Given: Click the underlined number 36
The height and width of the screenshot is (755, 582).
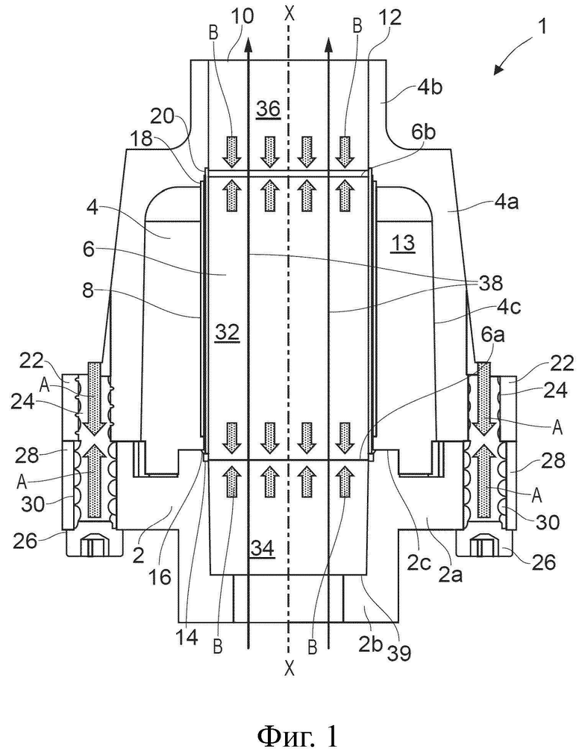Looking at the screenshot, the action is click(268, 110).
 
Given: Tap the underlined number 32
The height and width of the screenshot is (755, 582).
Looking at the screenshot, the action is click(227, 333).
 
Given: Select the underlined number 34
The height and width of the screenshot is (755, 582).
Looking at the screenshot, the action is click(263, 549).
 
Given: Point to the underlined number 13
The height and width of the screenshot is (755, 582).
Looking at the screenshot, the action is click(403, 243).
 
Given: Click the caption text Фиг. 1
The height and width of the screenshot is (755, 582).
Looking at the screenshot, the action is click(298, 736).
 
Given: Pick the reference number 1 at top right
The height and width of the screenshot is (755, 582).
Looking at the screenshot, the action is click(542, 26).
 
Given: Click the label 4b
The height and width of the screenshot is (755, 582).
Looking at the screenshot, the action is click(430, 88).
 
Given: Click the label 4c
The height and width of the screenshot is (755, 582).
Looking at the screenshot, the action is click(508, 307).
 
